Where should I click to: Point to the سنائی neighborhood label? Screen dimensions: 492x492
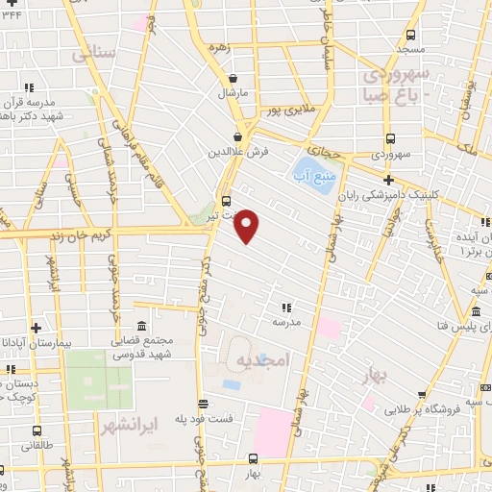(93, 54)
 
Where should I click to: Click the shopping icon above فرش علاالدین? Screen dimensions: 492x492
(237, 136)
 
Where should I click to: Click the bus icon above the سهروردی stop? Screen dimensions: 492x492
(389, 137)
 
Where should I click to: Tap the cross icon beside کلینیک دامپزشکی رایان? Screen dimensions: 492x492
(388, 180)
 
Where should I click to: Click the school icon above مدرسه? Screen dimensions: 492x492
(286, 307)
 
